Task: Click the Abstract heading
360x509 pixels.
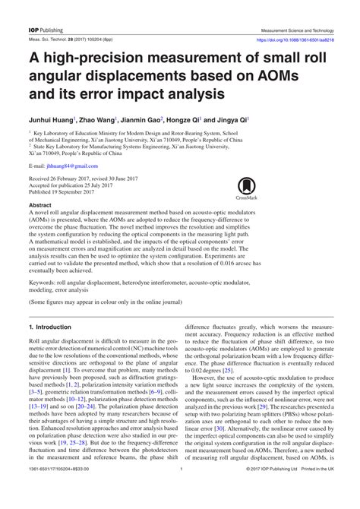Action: [41, 206]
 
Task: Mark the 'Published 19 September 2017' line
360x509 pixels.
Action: [73, 192]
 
